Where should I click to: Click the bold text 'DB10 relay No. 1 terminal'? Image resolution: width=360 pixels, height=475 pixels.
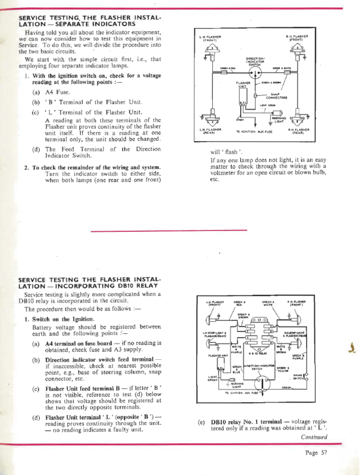pyautogui.click(x=248, y=423)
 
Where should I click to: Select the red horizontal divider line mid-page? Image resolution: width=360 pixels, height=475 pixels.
pyautogui.click(x=169, y=230)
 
